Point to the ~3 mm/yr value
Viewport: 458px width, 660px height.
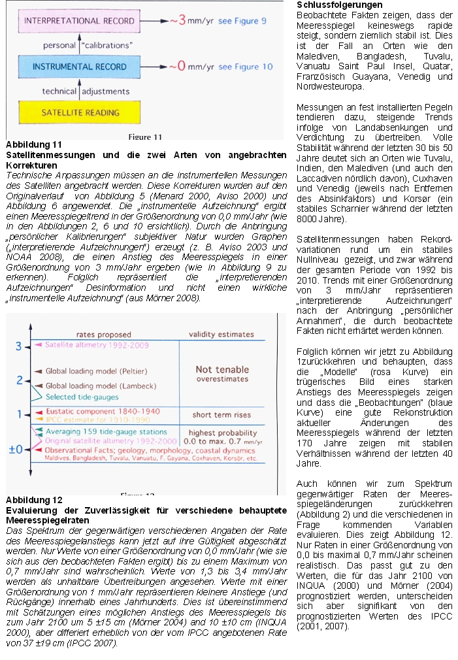[191, 20]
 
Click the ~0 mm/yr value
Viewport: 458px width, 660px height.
[191, 67]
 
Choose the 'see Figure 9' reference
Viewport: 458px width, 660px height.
[242, 20]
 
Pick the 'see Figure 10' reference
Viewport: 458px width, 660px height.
[245, 67]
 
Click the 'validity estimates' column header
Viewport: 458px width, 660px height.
[222, 335]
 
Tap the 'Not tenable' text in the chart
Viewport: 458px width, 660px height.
[222, 369]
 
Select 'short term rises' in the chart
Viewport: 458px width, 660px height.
[222, 415]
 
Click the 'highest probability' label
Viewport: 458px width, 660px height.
[222, 433]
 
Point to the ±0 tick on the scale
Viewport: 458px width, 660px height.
[15, 450]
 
